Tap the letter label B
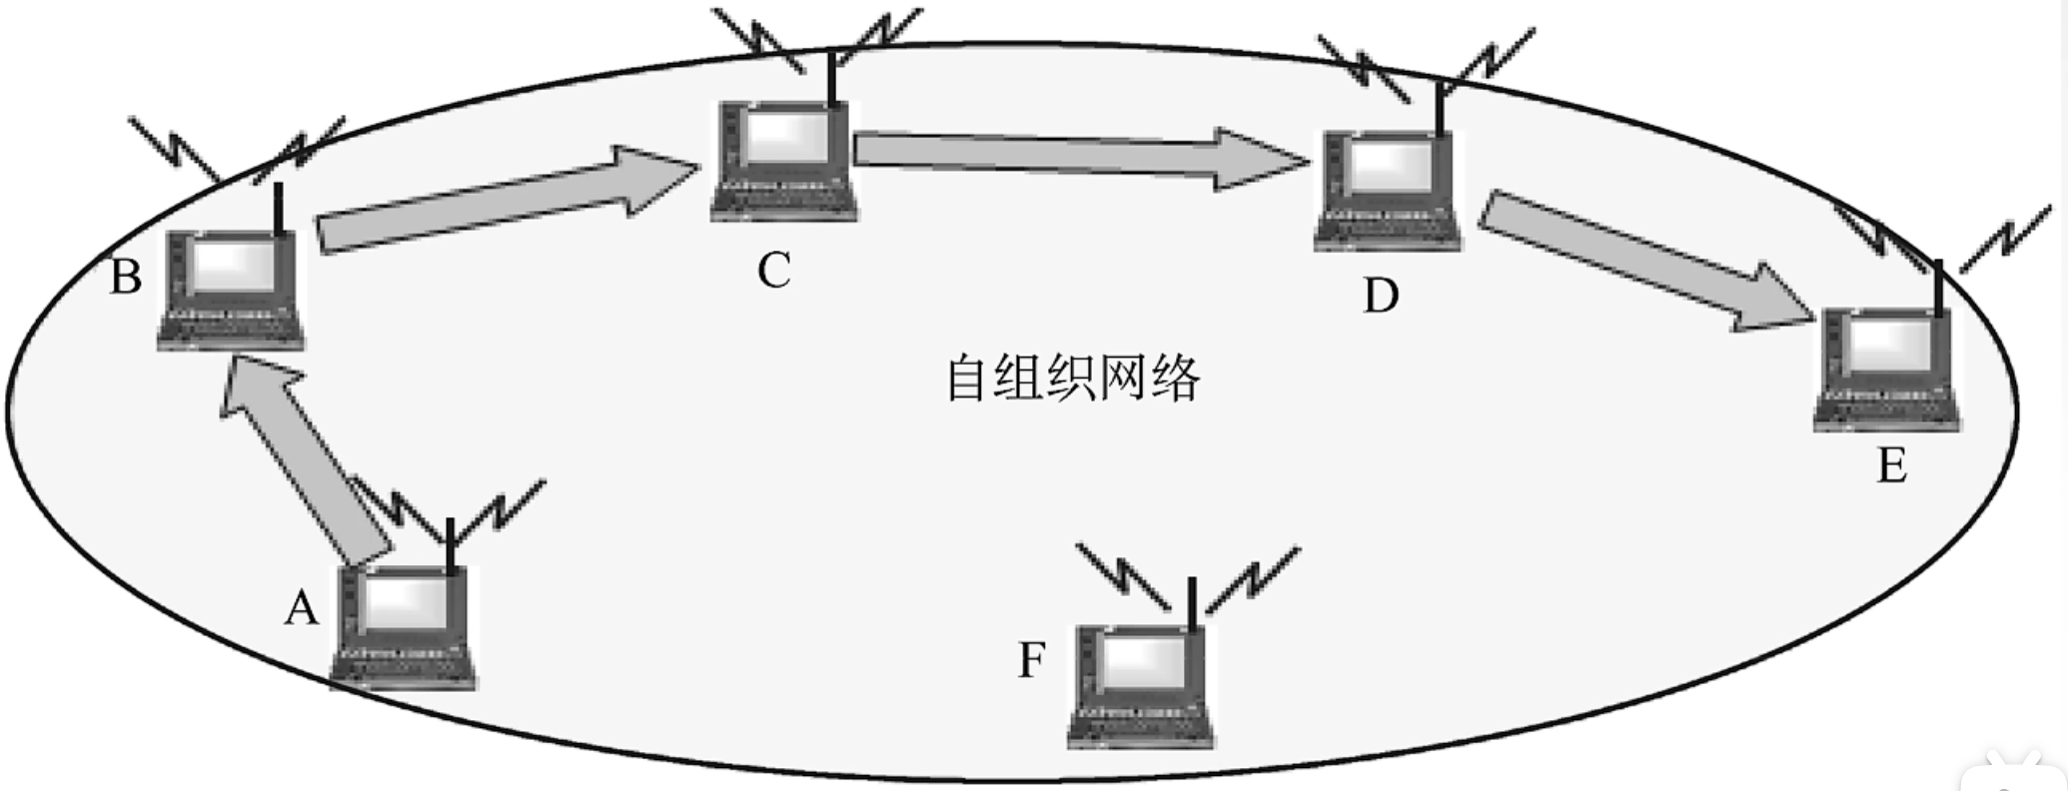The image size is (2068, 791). (126, 277)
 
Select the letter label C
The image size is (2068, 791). (774, 271)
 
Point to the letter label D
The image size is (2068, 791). (1381, 296)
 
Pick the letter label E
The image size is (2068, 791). (1891, 465)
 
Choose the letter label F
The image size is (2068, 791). (1032, 660)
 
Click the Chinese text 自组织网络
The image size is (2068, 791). (1073, 380)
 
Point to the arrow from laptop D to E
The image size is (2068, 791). (1638, 260)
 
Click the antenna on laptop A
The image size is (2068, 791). (451, 544)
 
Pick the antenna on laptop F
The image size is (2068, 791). (1191, 603)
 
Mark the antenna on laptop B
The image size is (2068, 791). (279, 208)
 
